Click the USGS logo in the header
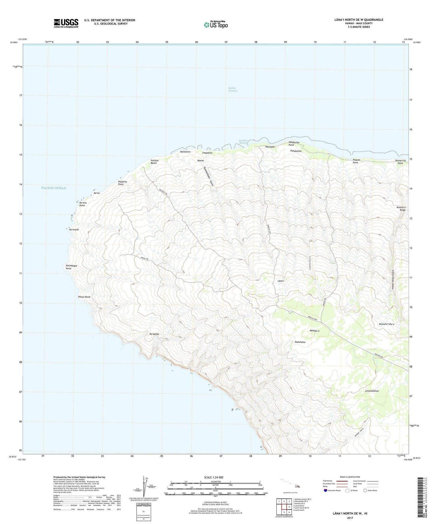click(x=66, y=23)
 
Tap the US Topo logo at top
click(x=216, y=25)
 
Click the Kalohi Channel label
click(x=233, y=89)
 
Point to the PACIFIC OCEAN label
click(x=54, y=188)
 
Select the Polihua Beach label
click(x=154, y=162)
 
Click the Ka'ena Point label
click(x=83, y=204)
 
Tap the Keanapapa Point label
click(x=69, y=267)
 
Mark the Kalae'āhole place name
click(x=84, y=297)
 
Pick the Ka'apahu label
click(x=154, y=334)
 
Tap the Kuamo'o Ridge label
click(x=401, y=209)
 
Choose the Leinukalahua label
click(x=372, y=391)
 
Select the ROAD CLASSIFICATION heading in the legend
click(x=350, y=477)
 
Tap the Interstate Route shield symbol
click(x=326, y=490)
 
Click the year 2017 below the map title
click(x=350, y=518)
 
